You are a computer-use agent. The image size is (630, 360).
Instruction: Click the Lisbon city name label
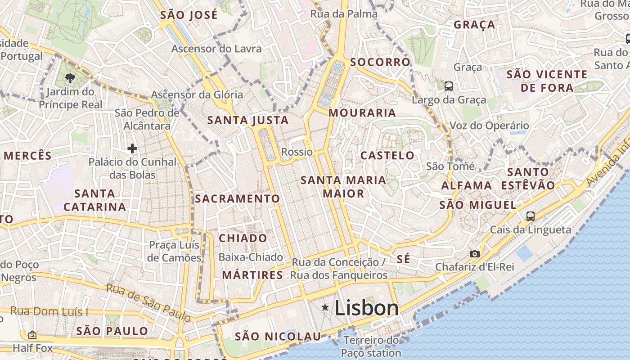coord(366,308)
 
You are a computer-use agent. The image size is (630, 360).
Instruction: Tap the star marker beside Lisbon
coord(325,307)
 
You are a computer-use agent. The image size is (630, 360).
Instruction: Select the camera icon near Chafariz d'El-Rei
coord(474,254)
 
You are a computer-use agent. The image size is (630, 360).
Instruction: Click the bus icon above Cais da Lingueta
coord(531,216)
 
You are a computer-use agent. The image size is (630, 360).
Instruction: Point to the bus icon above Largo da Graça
coord(448,86)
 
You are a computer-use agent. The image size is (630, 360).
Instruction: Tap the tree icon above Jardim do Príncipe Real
coord(70,78)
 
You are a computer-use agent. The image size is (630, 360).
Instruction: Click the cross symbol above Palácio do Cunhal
coord(132,148)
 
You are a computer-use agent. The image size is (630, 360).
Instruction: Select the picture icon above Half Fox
coord(32,335)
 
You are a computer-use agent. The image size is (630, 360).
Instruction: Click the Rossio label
coord(297,152)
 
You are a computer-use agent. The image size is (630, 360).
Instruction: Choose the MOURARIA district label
coord(362,113)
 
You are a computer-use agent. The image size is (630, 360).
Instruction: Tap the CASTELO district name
coord(387,156)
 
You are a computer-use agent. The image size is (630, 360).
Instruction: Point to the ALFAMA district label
coord(467,185)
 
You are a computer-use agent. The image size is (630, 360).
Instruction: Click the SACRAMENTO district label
coord(237,198)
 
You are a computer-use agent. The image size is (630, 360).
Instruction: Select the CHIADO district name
coord(243,238)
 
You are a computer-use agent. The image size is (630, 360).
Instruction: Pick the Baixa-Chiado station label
coord(251,257)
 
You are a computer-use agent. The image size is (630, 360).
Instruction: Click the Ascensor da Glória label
coord(197,95)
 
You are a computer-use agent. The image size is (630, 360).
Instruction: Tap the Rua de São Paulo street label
coord(148,302)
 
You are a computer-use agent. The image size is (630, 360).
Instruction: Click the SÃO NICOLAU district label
coord(278,337)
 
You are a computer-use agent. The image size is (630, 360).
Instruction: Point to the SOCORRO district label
coord(380,62)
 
